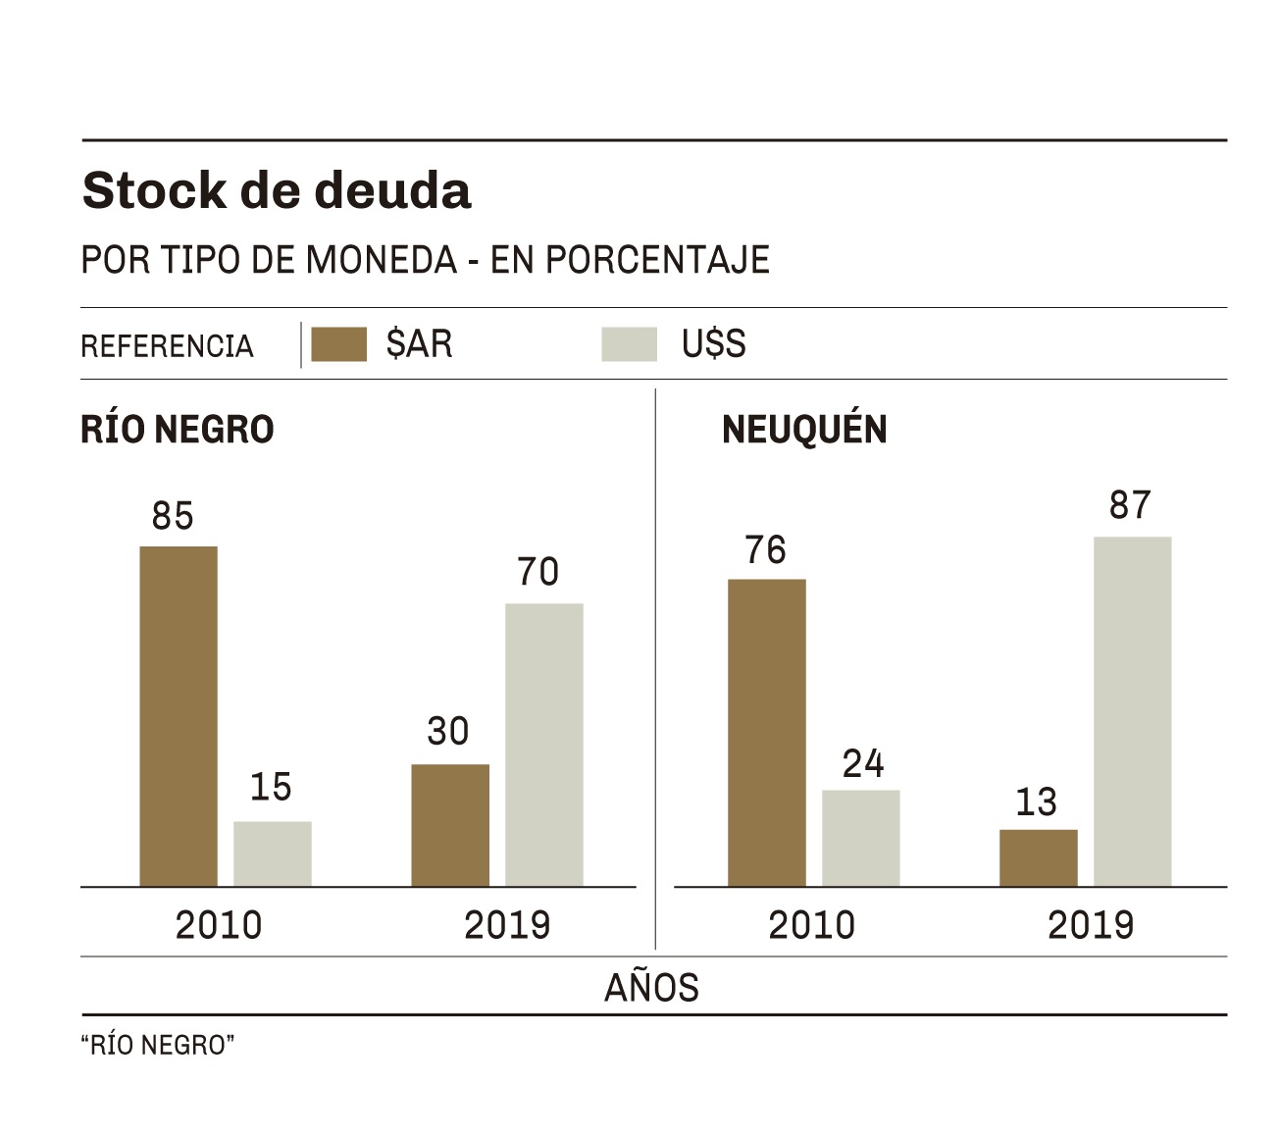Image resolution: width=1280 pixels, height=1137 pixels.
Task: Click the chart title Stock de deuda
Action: point(277,190)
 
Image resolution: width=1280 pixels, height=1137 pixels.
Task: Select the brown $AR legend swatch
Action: point(338,344)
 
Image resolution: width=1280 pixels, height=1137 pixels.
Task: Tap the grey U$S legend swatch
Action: point(629,344)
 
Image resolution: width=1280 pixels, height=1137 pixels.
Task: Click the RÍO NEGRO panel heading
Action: point(178,430)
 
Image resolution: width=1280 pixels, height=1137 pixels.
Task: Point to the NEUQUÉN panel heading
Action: point(804,430)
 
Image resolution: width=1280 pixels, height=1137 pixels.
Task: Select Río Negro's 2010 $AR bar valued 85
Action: point(179,716)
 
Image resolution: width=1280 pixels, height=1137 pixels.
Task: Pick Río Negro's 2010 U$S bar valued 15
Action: point(272,853)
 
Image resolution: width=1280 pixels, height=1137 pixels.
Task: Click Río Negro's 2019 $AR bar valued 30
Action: point(450,825)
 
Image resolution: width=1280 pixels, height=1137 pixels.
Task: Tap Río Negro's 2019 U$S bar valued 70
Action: point(544,745)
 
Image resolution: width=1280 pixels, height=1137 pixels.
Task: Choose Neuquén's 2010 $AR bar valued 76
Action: point(767,733)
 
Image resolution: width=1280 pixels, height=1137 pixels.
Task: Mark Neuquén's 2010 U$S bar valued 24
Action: point(860,838)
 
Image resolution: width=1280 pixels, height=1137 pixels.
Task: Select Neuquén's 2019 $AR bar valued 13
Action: point(1039,857)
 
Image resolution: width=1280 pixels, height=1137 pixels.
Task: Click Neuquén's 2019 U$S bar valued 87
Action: point(1132,711)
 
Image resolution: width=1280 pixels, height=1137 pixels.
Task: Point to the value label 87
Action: point(1130,505)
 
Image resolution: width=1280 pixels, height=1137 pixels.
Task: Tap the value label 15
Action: point(271,787)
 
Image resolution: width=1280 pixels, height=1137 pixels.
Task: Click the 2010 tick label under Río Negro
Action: point(219,925)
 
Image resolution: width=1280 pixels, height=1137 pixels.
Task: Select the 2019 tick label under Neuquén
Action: point(1091,925)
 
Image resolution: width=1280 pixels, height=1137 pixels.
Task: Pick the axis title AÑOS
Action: point(651,988)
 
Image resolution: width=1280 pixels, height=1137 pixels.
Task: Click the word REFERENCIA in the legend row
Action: point(167,346)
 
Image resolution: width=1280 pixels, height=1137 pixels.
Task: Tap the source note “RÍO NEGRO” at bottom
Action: point(158,1046)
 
